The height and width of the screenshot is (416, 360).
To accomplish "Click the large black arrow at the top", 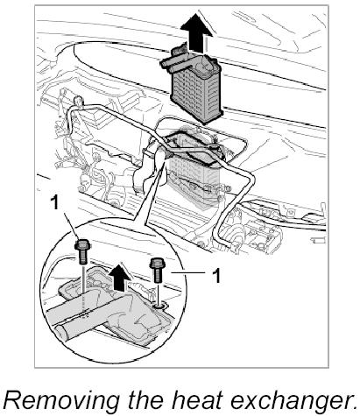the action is pos(196,33).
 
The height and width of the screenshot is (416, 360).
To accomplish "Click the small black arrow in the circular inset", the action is pos(119,277).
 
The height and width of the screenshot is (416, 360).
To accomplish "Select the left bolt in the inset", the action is pos(82,252).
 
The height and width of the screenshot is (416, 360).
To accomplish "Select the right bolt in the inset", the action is pos(158,270).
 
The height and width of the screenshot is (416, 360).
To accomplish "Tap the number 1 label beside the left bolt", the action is pos(54,202).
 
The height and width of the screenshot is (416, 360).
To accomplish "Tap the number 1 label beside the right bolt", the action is pos(215,276).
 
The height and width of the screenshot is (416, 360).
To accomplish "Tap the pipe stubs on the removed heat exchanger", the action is pos(173,62).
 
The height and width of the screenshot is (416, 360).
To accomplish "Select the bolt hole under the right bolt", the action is pos(159,306).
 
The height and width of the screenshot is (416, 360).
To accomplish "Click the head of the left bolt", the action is pos(82,244).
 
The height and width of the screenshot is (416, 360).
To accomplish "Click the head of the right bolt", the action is pos(158,263).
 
